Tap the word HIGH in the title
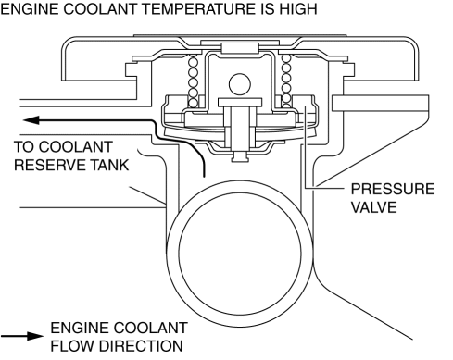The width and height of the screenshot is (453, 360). click(x=298, y=8)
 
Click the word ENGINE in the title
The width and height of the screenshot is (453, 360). click(x=30, y=8)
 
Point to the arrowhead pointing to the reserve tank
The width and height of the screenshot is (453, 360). click(x=31, y=120)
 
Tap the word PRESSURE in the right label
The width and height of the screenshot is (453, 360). click(x=393, y=189)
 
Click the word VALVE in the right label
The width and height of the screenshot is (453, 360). click(x=374, y=207)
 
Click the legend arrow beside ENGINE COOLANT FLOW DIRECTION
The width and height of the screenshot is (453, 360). click(x=22, y=336)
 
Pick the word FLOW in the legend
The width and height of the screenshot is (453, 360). click(x=73, y=346)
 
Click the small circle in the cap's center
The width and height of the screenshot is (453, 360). click(x=240, y=84)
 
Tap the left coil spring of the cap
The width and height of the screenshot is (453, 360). click(x=193, y=81)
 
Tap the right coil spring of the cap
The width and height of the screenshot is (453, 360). click(x=286, y=81)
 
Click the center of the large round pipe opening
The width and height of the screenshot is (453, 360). click(x=240, y=253)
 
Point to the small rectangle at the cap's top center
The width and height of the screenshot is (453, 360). click(x=240, y=48)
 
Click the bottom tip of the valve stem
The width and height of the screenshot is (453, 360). click(x=240, y=161)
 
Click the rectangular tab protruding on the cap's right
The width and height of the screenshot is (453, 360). click(x=380, y=103)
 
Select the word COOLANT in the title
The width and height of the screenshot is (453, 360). click(x=99, y=8)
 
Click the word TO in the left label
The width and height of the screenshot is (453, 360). click(x=24, y=147)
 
